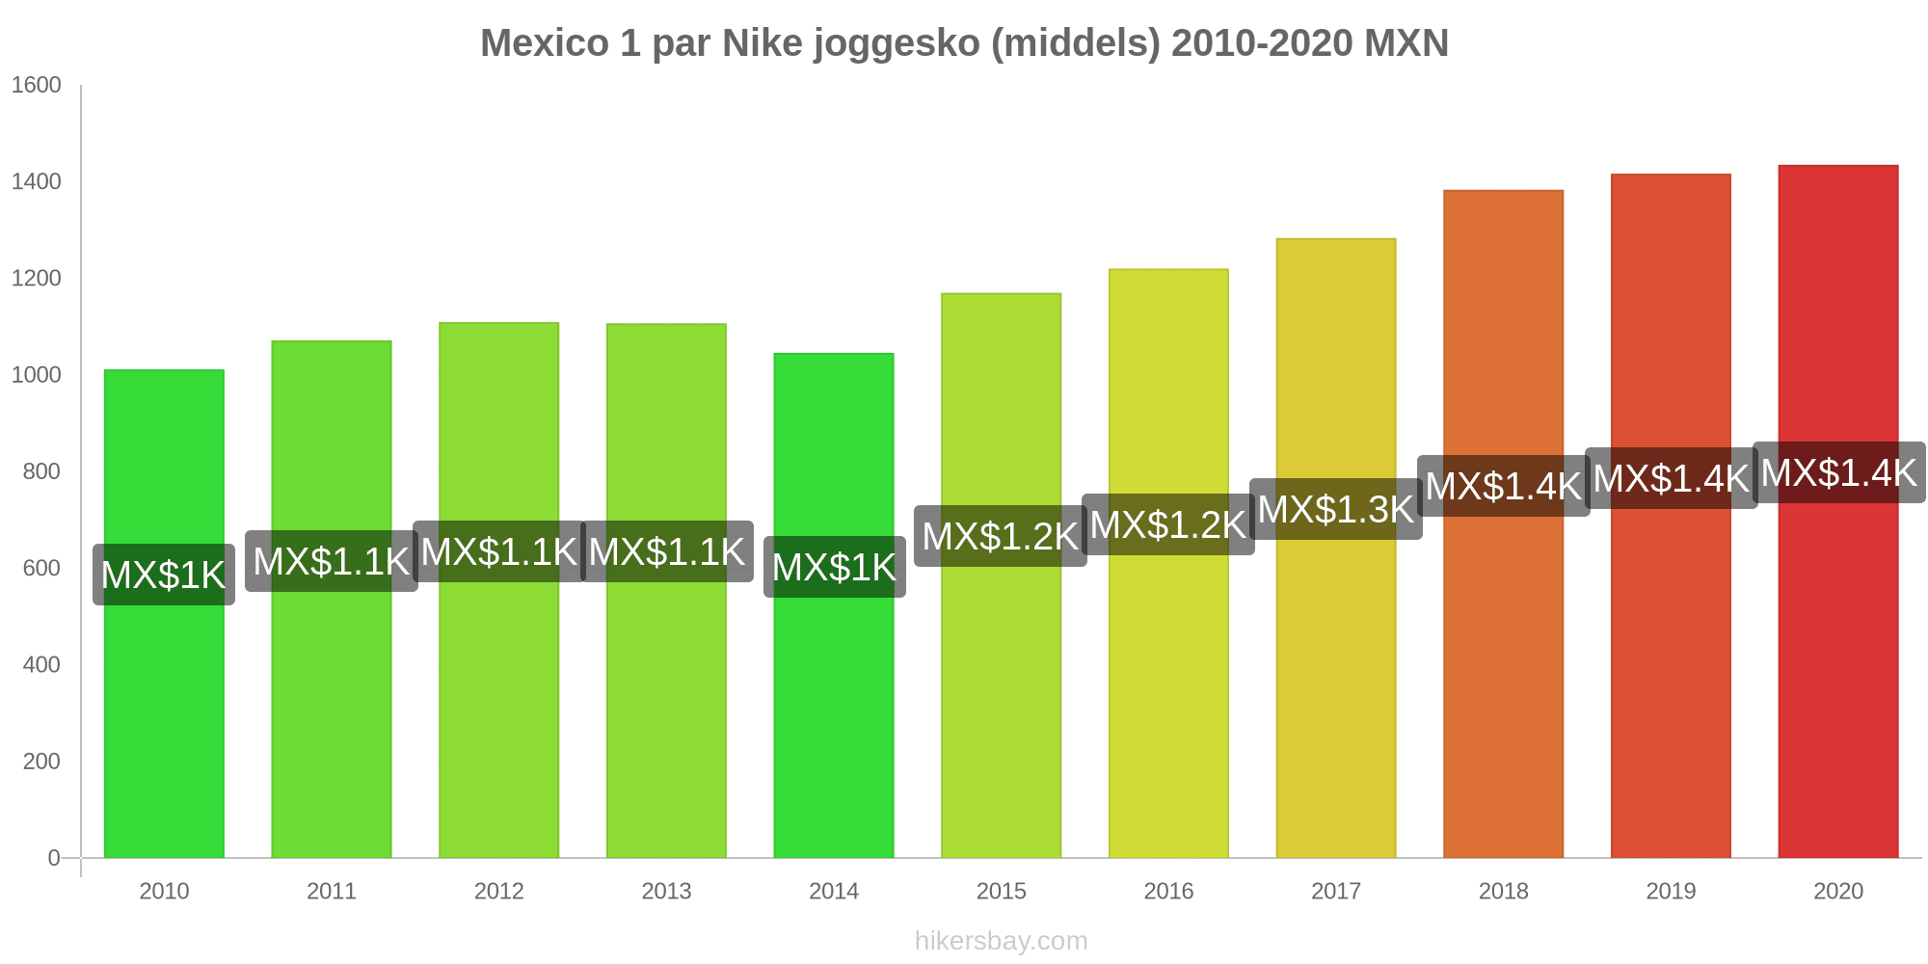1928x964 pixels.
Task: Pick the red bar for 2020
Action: (1838, 675)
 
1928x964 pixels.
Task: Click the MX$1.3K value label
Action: (1336, 509)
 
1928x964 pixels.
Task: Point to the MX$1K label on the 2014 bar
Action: (835, 567)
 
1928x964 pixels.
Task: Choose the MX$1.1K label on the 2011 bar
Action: (332, 561)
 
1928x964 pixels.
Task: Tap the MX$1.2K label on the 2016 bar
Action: (1168, 524)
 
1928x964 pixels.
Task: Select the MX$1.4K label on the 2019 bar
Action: (1672, 478)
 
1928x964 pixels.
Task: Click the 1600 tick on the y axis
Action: (37, 85)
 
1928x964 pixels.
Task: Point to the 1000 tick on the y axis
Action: (37, 375)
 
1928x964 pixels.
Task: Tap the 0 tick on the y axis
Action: (54, 858)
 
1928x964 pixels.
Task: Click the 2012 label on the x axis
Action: (499, 891)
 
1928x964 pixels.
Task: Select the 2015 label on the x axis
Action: (1002, 891)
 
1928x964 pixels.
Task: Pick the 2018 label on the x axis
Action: (1504, 891)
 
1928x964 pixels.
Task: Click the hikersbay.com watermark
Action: (1002, 941)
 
